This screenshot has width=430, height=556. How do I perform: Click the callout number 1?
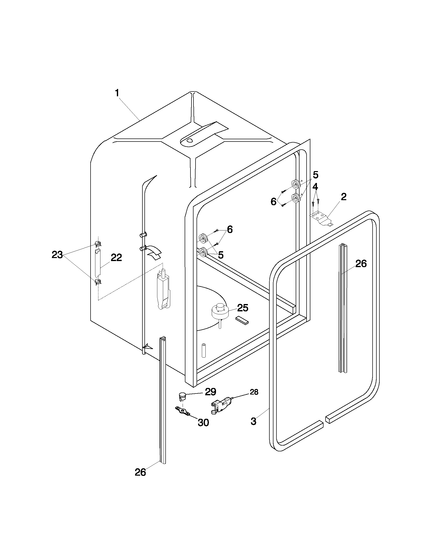click(x=117, y=93)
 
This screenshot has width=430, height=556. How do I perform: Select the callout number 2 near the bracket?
click(x=343, y=197)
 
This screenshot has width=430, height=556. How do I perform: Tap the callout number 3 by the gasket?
click(x=253, y=421)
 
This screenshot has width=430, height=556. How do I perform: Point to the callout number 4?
click(x=315, y=187)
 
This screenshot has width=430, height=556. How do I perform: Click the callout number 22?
click(x=116, y=258)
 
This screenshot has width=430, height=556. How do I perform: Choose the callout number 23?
click(x=57, y=254)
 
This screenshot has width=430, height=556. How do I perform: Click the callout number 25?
click(x=242, y=308)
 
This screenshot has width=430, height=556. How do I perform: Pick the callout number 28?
click(x=254, y=392)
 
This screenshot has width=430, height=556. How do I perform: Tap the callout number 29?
click(x=210, y=391)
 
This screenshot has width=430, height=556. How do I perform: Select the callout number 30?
click(x=203, y=423)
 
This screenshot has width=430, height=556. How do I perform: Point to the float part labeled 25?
click(x=219, y=311)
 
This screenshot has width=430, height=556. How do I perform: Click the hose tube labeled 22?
click(x=98, y=264)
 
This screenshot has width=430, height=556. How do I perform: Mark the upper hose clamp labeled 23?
click(x=98, y=244)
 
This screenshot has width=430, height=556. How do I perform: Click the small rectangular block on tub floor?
click(x=242, y=320)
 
